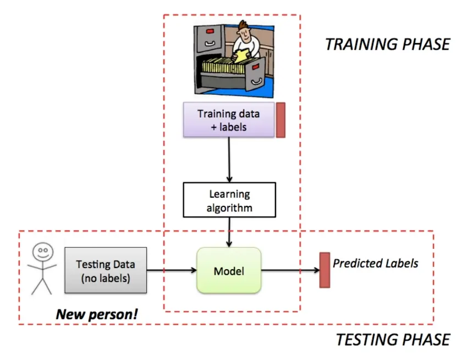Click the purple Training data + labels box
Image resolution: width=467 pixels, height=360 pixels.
(x=228, y=120)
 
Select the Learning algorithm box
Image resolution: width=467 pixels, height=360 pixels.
(x=229, y=200)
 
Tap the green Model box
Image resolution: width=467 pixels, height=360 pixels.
(x=229, y=270)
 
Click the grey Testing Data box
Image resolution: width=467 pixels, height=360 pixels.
(x=106, y=270)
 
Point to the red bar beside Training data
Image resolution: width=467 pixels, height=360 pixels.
(x=281, y=120)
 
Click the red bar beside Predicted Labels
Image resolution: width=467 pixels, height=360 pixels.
(x=325, y=270)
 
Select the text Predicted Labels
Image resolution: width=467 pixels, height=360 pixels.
(x=375, y=263)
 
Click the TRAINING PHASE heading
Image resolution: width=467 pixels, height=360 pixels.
(x=387, y=44)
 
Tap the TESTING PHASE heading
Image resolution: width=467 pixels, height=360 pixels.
(x=393, y=340)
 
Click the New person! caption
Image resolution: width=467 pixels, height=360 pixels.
(x=97, y=315)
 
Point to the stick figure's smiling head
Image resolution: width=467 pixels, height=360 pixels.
(x=42, y=253)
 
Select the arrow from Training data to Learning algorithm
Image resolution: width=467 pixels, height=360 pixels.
(x=229, y=160)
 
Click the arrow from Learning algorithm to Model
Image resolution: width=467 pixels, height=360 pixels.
(x=229, y=232)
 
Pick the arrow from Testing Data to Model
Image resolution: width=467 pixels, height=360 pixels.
(x=172, y=270)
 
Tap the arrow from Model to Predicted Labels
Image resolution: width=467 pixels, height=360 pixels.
(x=290, y=270)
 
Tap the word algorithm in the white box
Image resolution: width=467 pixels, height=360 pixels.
(x=229, y=208)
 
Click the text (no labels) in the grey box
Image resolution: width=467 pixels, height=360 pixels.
(x=106, y=278)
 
